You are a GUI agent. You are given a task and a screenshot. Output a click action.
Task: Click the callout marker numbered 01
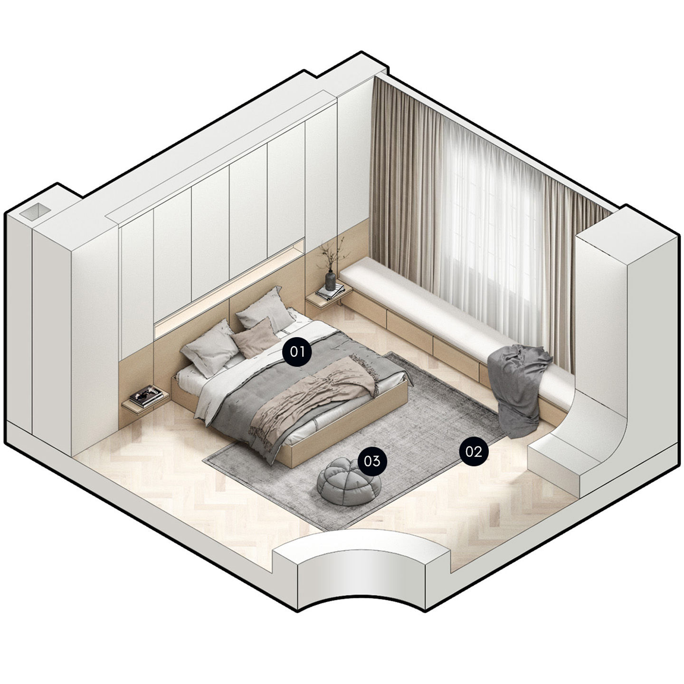(297, 351)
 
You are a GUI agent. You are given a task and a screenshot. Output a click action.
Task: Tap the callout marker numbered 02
(474, 452)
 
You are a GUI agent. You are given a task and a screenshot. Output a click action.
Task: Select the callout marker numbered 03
(371, 461)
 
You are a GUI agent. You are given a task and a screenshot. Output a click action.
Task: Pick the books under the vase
(330, 292)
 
